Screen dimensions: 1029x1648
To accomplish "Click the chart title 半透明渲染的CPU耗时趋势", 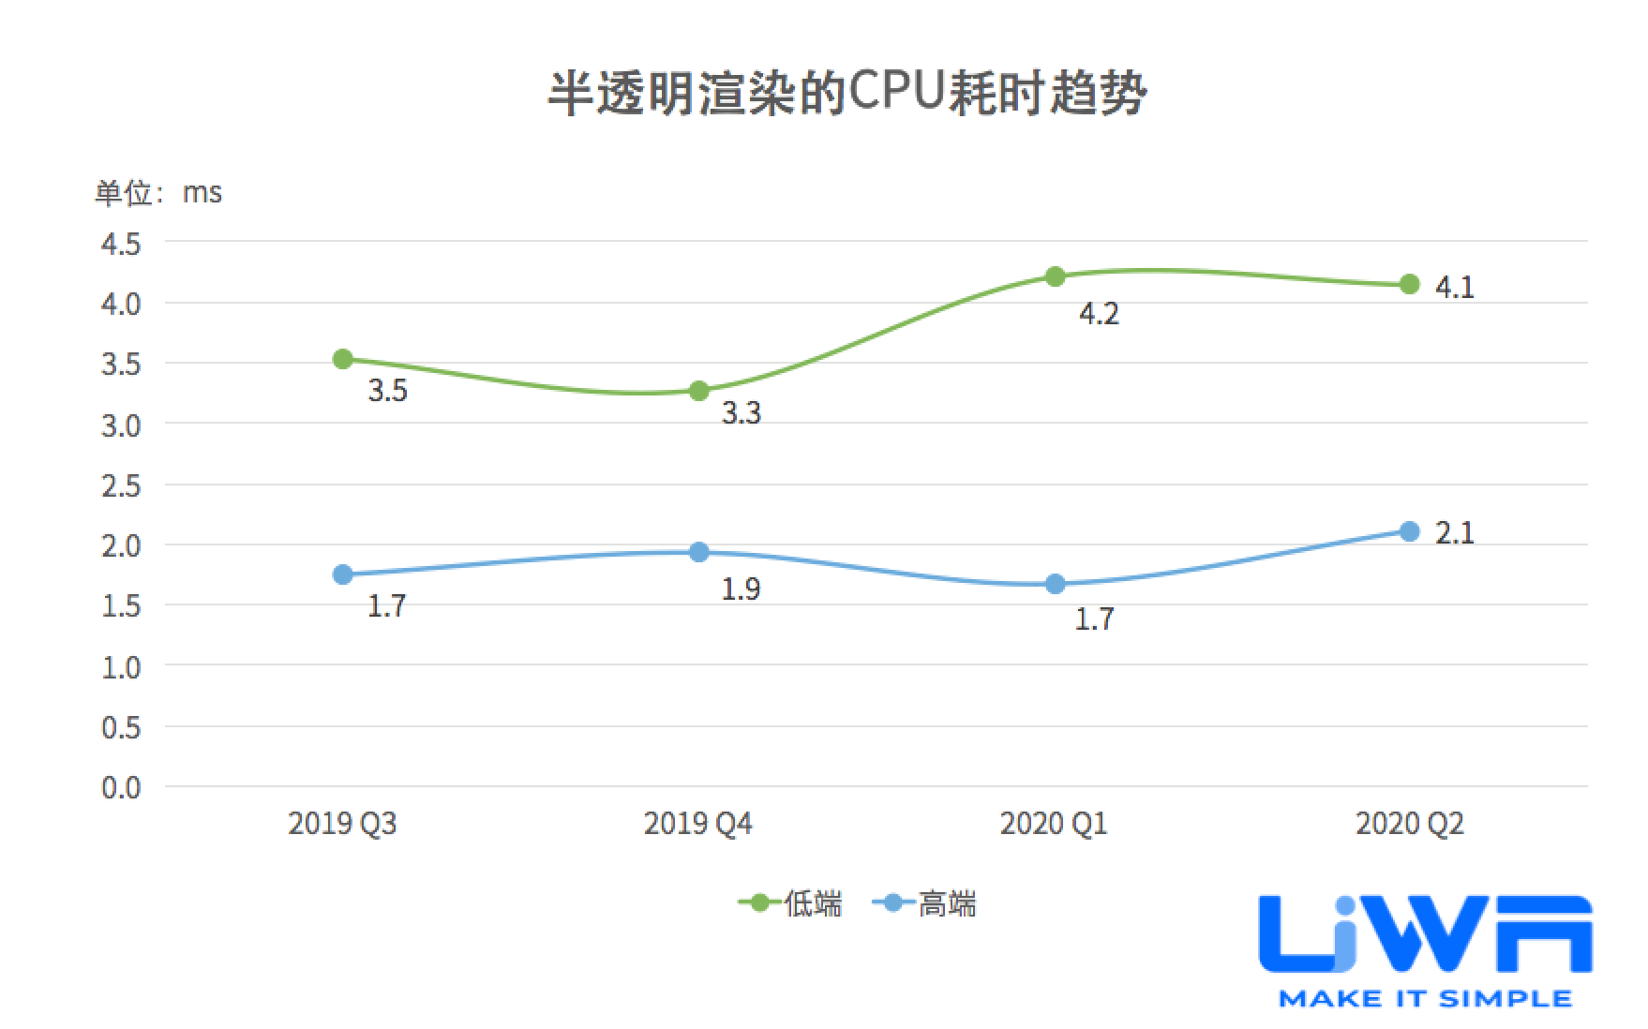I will click(846, 94).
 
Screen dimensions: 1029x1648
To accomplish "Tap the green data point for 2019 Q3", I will click(343, 359).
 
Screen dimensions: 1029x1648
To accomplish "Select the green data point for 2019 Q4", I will click(699, 391).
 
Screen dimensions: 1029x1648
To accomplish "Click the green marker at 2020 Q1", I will click(1055, 276).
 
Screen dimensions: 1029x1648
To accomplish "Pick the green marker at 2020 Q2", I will click(1409, 284).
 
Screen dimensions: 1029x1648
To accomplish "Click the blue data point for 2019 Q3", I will click(343, 574).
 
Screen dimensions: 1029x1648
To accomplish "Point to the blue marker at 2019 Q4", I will click(699, 552).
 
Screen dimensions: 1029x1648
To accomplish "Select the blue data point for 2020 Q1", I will click(1055, 584).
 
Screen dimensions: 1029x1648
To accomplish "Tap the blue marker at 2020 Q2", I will click(1409, 531).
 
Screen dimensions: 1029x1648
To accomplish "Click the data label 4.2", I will click(1099, 314).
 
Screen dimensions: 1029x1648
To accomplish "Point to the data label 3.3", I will click(741, 413).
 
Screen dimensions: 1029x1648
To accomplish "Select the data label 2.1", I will click(1454, 533).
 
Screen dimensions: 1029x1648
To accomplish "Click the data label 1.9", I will click(741, 589).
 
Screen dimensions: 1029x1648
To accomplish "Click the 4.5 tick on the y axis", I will click(121, 245).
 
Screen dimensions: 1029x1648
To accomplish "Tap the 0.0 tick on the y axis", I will click(121, 787).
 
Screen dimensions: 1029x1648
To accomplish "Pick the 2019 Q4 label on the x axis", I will click(698, 824).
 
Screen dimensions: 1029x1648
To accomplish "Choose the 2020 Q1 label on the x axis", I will click(1054, 824).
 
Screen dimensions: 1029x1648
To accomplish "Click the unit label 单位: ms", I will click(157, 193).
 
